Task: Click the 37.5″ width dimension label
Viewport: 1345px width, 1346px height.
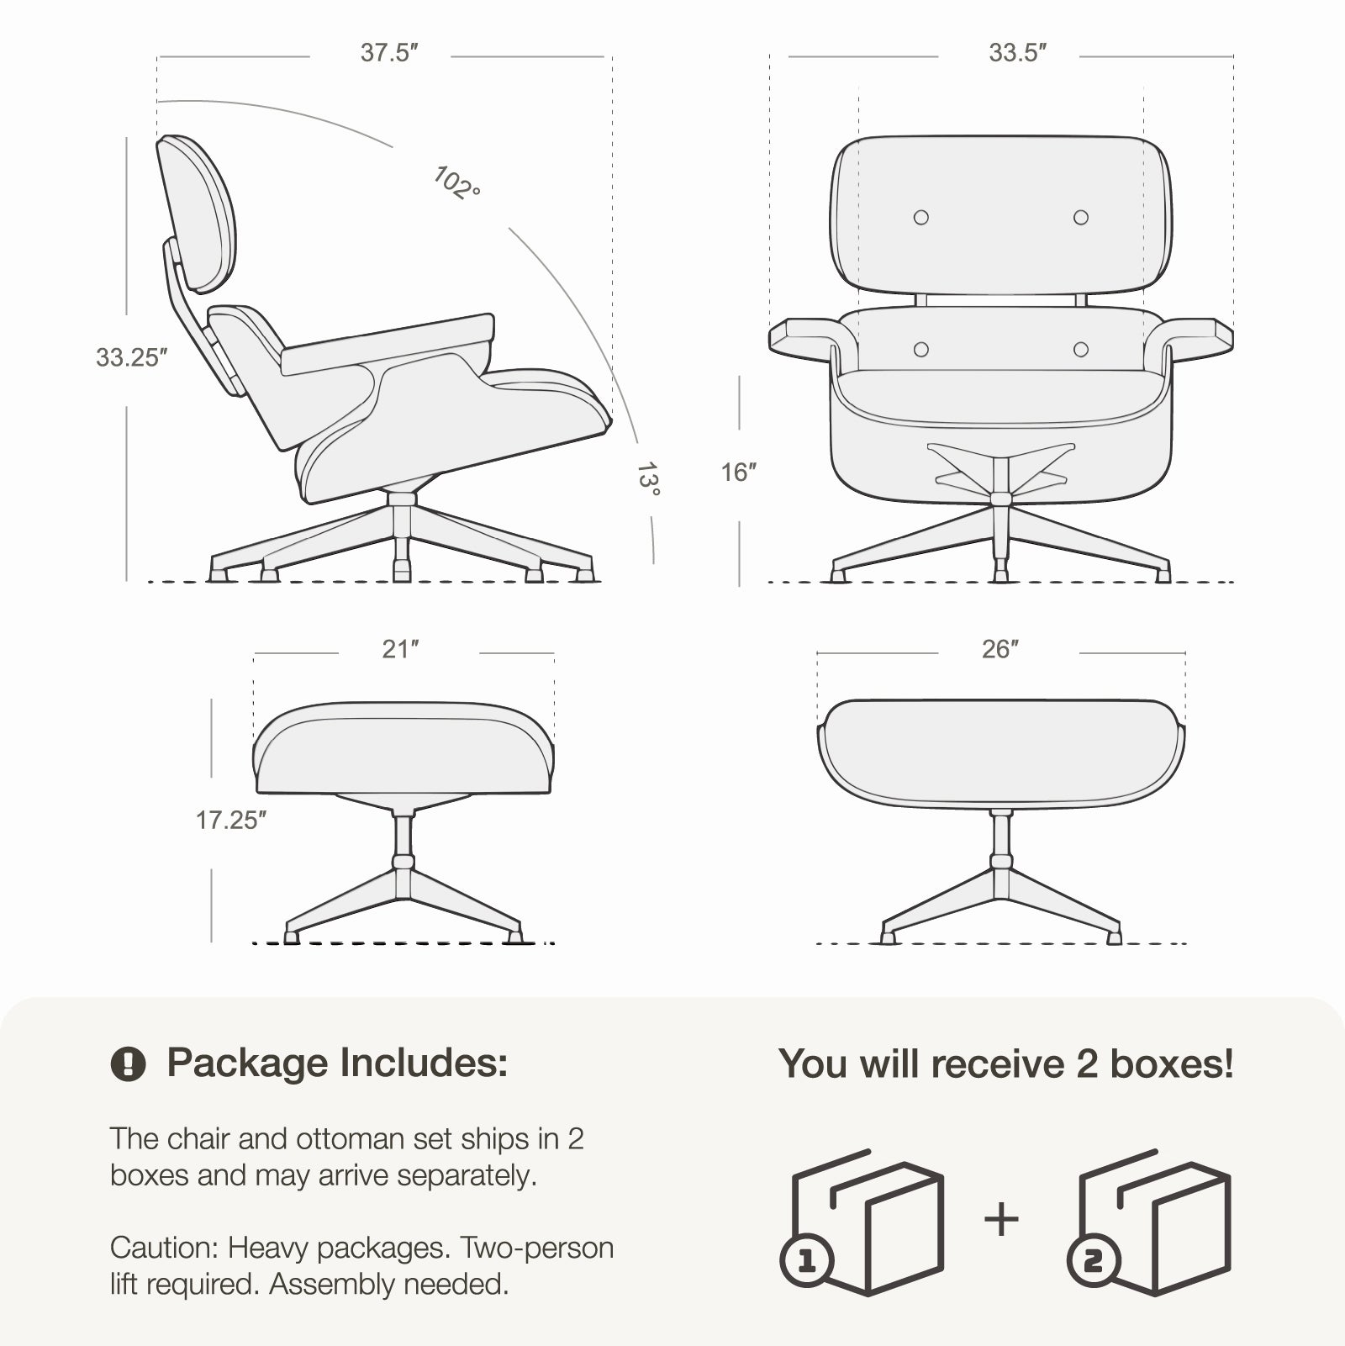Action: [389, 53]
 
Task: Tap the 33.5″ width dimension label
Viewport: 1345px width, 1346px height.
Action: [1017, 53]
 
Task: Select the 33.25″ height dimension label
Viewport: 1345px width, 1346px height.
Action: [132, 357]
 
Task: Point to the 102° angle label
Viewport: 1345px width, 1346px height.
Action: [456, 183]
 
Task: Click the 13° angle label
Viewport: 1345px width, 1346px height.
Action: [647, 479]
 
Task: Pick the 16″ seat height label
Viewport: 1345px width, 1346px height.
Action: [739, 472]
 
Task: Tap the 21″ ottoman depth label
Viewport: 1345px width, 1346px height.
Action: [400, 649]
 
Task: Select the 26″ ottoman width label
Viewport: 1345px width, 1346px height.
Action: [1000, 649]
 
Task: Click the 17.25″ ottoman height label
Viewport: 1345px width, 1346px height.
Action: [231, 820]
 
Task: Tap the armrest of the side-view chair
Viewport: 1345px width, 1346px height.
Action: [387, 344]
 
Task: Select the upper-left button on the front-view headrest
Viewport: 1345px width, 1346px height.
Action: [921, 218]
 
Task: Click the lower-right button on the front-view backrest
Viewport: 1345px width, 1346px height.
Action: [1081, 349]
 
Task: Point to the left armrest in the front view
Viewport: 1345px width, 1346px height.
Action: [805, 338]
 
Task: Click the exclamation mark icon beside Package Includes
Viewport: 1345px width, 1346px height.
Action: [128, 1064]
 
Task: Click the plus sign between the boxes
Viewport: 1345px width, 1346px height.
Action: [1001, 1219]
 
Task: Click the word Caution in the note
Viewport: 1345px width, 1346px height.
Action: [165, 1248]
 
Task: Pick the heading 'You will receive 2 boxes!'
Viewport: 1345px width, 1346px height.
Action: [1006, 1064]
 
